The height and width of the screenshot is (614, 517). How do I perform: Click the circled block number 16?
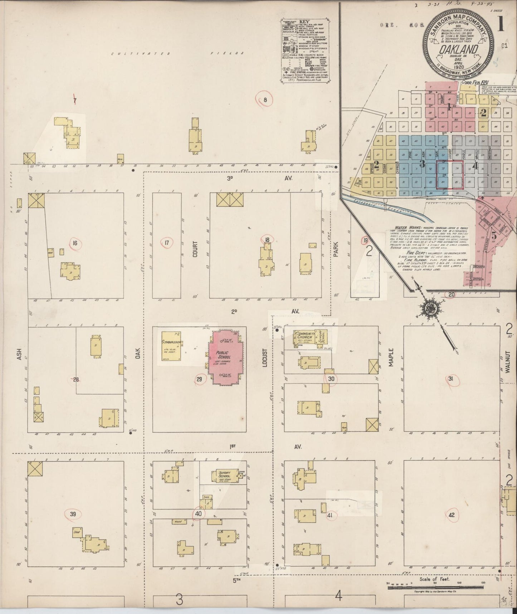[74, 244]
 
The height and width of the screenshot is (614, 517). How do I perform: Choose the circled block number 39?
[73, 514]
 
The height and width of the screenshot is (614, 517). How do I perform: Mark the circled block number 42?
[451, 515]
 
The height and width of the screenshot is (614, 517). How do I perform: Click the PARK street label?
[336, 249]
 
